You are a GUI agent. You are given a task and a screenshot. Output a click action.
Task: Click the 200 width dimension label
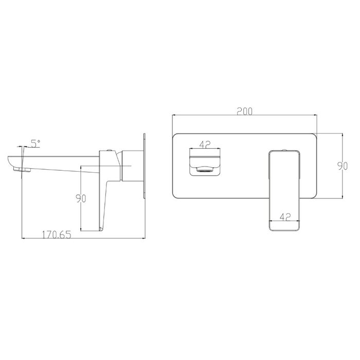244,111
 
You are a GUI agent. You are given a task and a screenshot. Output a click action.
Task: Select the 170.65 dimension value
57,235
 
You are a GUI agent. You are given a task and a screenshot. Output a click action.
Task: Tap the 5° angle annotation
35,143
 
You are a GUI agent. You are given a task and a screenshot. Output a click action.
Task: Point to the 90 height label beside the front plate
343,166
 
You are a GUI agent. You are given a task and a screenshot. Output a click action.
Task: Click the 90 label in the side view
81,199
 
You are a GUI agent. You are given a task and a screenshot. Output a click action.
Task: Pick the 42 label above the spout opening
205,145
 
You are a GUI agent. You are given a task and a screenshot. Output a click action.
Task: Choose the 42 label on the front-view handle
285,217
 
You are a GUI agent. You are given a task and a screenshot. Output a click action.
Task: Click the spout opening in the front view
205,163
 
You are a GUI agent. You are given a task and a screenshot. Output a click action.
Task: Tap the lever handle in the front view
284,190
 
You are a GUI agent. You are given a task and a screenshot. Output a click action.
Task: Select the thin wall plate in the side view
145,166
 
